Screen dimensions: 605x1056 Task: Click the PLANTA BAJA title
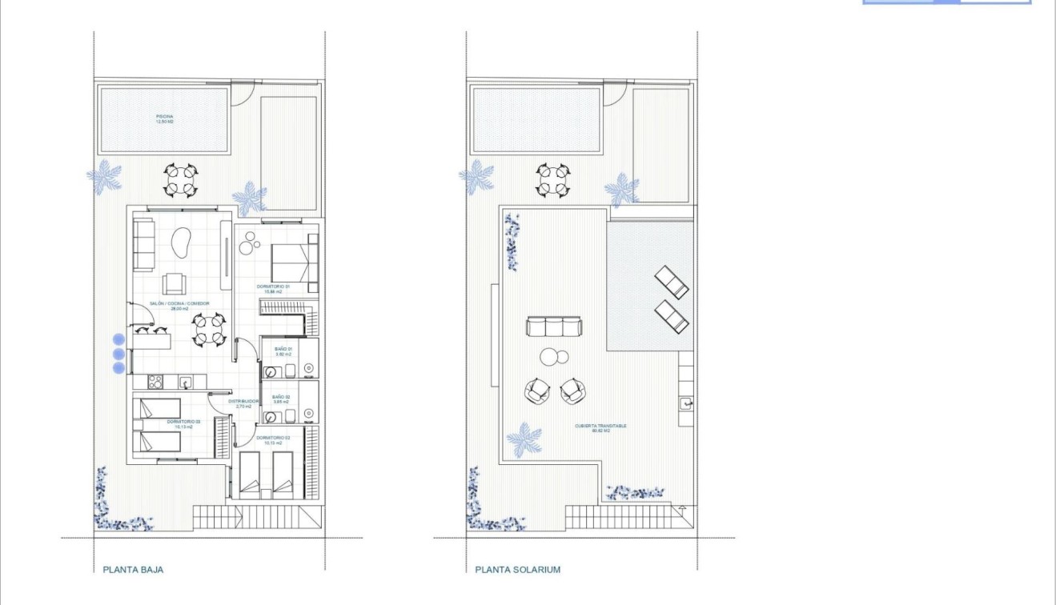pos(133,570)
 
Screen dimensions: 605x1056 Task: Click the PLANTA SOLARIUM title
pos(517,570)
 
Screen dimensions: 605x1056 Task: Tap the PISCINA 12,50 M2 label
pos(164,120)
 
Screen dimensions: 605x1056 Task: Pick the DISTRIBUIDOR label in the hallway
pos(244,403)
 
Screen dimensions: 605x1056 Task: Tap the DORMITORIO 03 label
pos(183,423)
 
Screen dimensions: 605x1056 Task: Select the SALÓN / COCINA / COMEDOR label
pos(180,305)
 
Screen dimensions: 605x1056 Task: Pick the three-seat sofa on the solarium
pos(553,327)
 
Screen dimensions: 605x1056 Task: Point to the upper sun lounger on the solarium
pos(671,282)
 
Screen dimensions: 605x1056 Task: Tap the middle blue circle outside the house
pos(118,353)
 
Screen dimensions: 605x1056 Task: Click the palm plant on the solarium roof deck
pos(524,439)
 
